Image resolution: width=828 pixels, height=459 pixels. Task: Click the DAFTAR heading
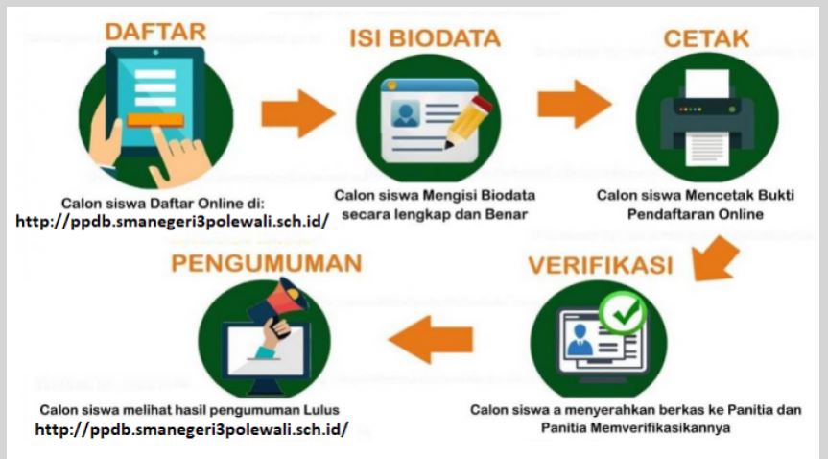pyautogui.click(x=155, y=32)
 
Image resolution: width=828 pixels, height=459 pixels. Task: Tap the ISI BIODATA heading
pyautogui.click(x=425, y=38)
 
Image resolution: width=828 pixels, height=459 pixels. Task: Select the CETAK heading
pyautogui.click(x=706, y=38)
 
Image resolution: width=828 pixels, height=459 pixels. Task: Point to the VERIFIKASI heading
pyautogui.click(x=601, y=266)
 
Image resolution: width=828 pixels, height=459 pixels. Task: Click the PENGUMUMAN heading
pyautogui.click(x=267, y=263)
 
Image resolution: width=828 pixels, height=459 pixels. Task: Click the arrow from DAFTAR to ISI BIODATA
pyautogui.click(x=298, y=113)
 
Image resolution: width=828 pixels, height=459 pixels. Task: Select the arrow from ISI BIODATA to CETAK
pyautogui.click(x=575, y=104)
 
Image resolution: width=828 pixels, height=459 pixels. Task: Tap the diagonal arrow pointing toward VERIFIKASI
pyautogui.click(x=715, y=258)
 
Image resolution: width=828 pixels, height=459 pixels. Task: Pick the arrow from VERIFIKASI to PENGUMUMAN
pyautogui.click(x=431, y=340)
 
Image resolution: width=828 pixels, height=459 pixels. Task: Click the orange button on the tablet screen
pyautogui.click(x=155, y=120)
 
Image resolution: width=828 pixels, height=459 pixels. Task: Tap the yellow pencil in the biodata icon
pyautogui.click(x=467, y=122)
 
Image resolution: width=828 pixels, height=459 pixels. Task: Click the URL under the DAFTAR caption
pyautogui.click(x=172, y=221)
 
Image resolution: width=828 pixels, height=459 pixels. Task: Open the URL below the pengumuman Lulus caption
pyautogui.click(x=192, y=429)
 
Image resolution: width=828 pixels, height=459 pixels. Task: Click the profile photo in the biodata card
pyautogui.click(x=406, y=113)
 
